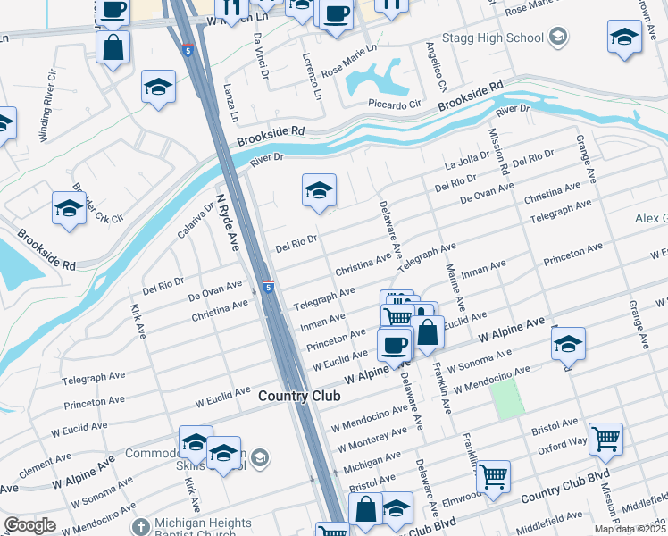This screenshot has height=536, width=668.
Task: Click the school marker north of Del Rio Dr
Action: tap(319, 190)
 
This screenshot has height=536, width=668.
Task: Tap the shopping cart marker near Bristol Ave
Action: tap(605, 439)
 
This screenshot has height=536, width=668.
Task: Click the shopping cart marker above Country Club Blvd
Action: tap(492, 476)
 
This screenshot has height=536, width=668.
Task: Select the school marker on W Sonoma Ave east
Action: tap(568, 344)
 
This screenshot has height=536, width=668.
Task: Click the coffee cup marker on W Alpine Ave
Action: tap(394, 344)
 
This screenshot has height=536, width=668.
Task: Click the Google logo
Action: tap(29, 525)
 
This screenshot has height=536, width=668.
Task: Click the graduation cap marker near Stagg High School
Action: tap(624, 37)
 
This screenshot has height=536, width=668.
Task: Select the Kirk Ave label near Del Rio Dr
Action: tap(138, 324)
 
